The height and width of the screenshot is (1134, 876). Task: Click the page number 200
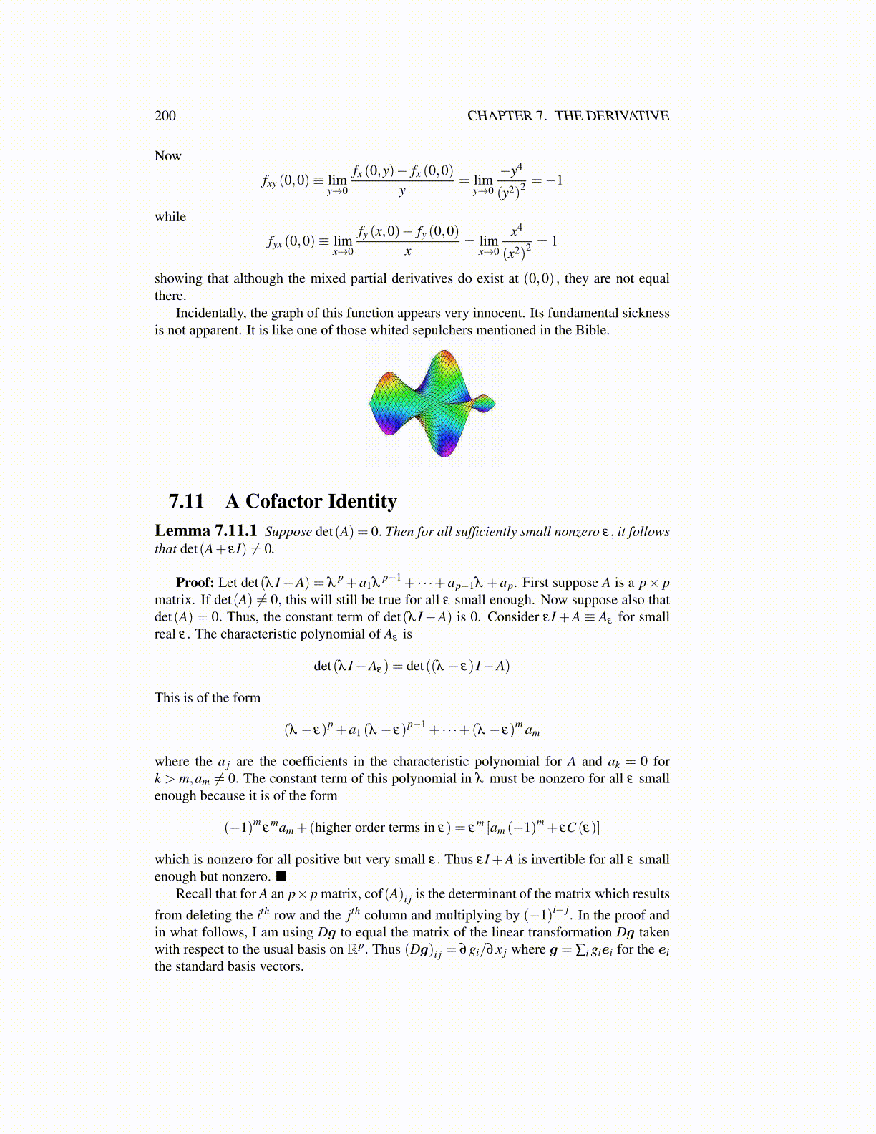165,116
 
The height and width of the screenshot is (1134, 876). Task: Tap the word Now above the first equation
168,156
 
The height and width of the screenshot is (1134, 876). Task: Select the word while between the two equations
170,217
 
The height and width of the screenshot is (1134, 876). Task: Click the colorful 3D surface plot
432,403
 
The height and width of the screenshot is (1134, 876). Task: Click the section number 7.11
186,501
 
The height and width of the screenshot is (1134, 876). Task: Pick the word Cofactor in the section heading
282,501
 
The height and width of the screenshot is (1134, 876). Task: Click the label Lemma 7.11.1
205,531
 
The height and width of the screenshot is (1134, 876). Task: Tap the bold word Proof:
195,583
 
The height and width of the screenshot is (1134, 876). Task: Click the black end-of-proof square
281,876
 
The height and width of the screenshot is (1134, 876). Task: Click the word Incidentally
211,313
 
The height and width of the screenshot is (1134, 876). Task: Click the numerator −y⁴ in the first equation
512,169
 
